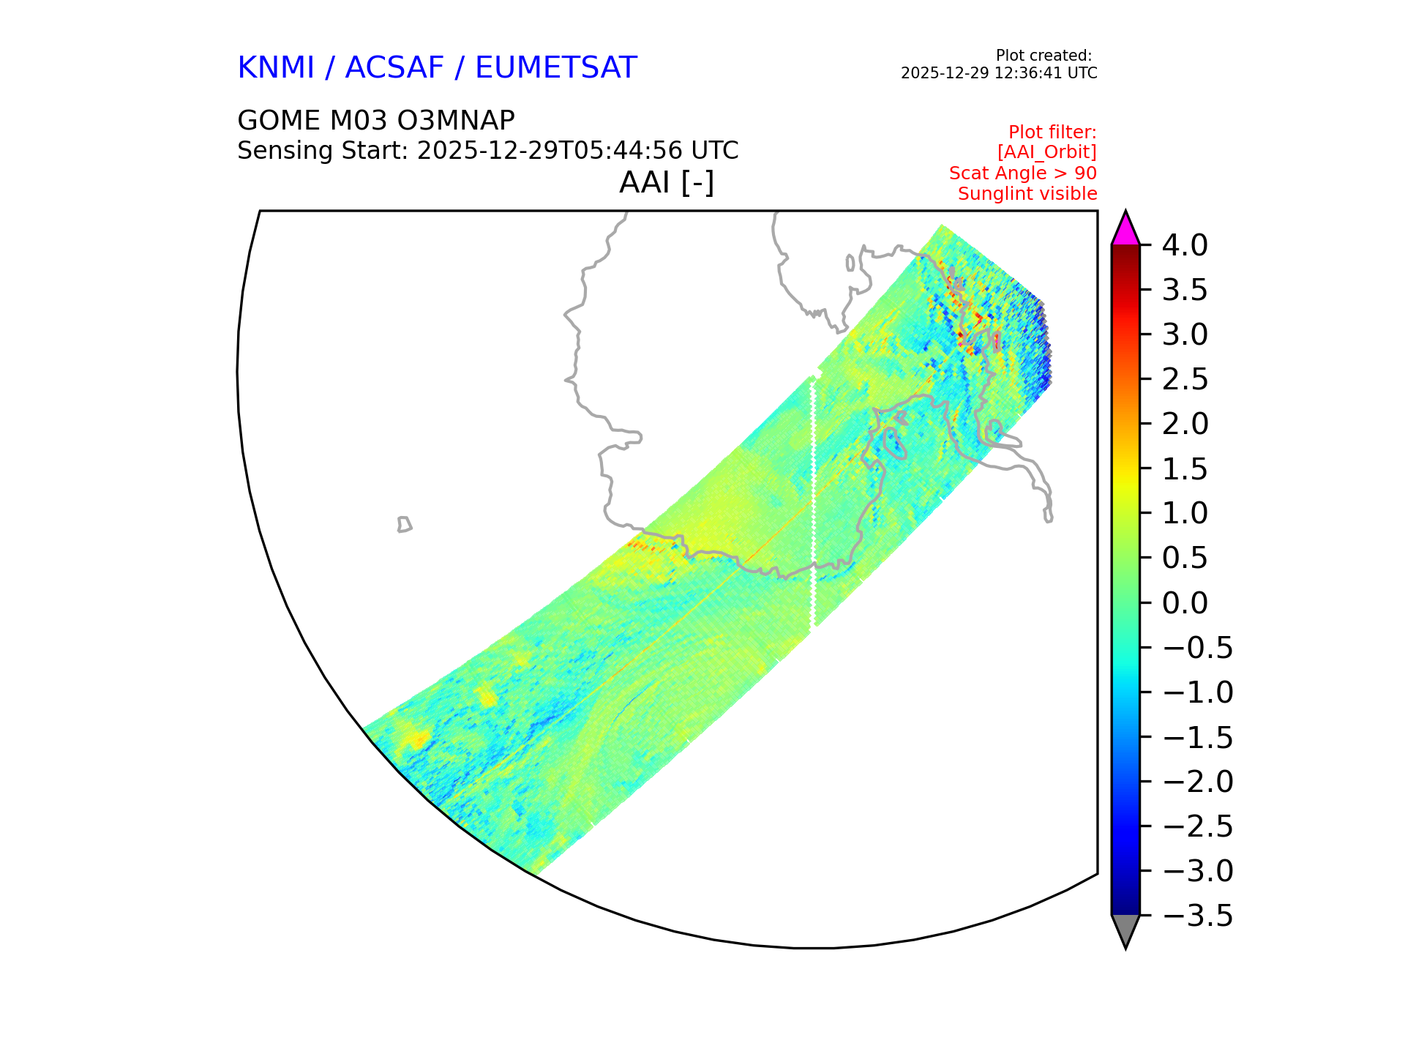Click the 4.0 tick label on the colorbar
1185,245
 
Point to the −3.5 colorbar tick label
1197,916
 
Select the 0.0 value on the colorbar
1185,603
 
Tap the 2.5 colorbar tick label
1185,380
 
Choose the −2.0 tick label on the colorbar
1197,782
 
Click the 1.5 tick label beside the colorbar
1185,469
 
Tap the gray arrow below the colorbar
1125,930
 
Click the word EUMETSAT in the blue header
555,68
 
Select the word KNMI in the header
276,68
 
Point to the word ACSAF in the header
394,68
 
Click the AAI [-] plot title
667,182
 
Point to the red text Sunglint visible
1027,194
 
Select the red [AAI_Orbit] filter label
1046,152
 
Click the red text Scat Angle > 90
1022,173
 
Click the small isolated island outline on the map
404,524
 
